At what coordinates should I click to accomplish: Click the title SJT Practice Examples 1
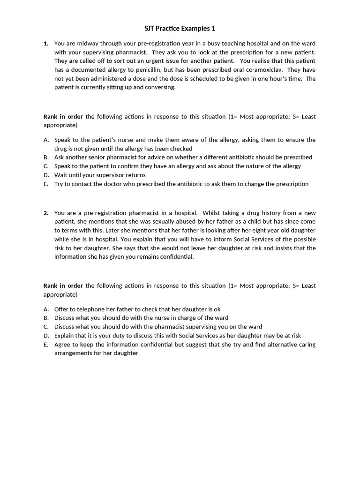180,29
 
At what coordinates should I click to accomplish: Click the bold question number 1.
46,43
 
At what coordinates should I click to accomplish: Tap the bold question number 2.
46,213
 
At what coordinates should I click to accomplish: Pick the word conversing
158,87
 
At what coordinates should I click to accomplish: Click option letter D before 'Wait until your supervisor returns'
46,175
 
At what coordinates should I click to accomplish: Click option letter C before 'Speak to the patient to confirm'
46,166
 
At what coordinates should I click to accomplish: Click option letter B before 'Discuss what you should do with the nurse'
46,318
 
